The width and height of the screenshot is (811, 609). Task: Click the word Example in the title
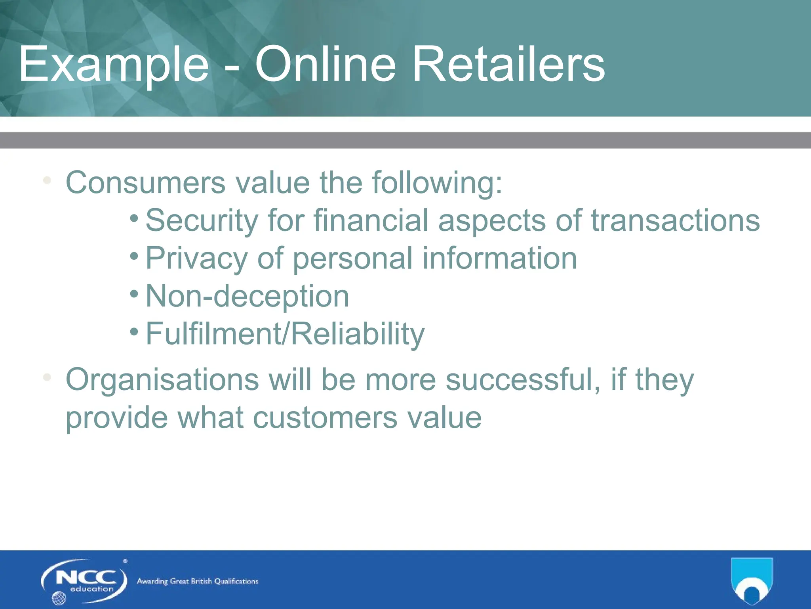(x=114, y=65)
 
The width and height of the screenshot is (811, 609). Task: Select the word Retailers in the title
(x=508, y=65)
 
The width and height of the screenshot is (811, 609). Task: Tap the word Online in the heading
(x=325, y=65)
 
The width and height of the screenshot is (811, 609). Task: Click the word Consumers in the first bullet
(x=145, y=183)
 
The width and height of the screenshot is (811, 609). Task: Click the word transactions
(x=676, y=220)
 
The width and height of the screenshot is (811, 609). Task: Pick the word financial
(x=371, y=220)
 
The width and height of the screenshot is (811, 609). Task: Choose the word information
(x=499, y=258)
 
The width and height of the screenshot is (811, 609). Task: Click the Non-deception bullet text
(x=247, y=296)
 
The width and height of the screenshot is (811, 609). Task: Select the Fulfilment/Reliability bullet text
(x=285, y=334)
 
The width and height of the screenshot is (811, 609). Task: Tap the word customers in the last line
(x=325, y=417)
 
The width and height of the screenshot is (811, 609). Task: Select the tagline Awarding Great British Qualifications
(x=197, y=581)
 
